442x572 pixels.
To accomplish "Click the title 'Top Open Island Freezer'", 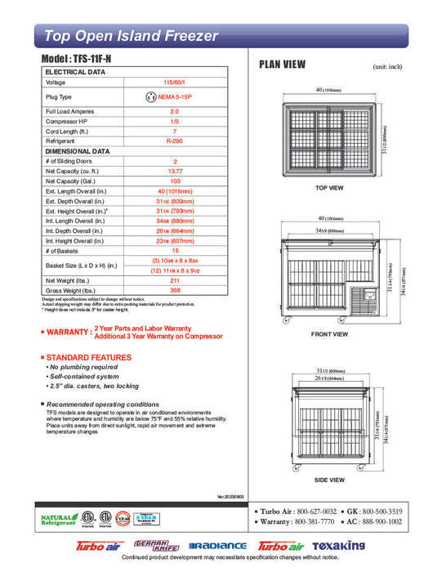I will tap(131, 36).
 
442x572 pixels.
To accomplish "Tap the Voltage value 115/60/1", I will tap(173, 83).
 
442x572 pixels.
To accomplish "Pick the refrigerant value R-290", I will tap(173, 141).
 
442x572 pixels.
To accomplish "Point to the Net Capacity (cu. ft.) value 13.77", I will tap(173, 172).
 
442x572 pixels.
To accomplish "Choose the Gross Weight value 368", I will tap(173, 291).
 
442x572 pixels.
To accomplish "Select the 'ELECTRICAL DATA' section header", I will tap(75, 72).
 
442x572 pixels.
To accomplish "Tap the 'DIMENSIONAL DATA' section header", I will tap(78, 151).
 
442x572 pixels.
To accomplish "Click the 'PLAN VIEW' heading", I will tap(282, 65).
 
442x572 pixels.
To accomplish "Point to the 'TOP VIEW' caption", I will tap(328, 188).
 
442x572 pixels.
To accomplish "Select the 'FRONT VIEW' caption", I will tap(329, 334).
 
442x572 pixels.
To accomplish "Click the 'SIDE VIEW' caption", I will tap(328, 480).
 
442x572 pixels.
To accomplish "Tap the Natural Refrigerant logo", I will tap(58, 520).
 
